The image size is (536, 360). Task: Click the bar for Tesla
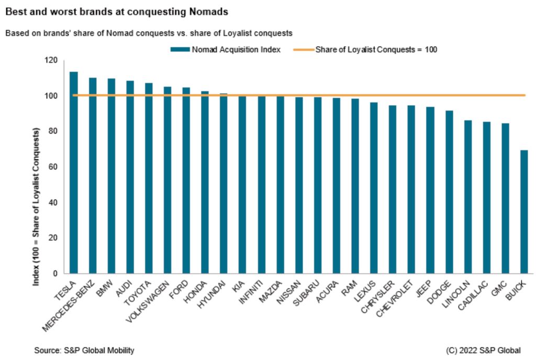(74, 173)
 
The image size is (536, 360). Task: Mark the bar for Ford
(186, 181)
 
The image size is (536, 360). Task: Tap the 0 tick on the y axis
(54, 273)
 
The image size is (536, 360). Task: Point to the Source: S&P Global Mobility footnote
(84, 350)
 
